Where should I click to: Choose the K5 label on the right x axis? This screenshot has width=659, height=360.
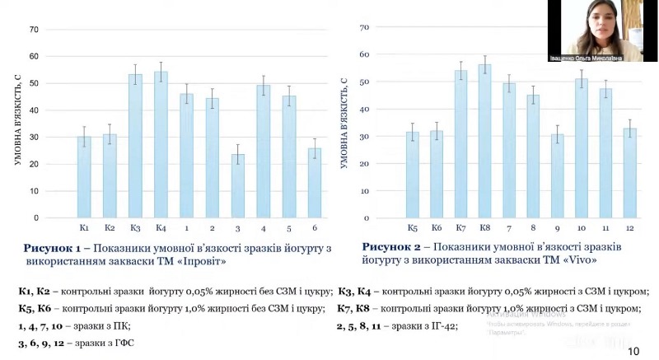412,227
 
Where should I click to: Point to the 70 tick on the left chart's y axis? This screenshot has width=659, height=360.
34,30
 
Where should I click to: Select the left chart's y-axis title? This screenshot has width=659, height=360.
17,124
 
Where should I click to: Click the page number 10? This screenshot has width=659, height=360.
633,351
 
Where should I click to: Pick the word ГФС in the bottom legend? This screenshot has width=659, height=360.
119,343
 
